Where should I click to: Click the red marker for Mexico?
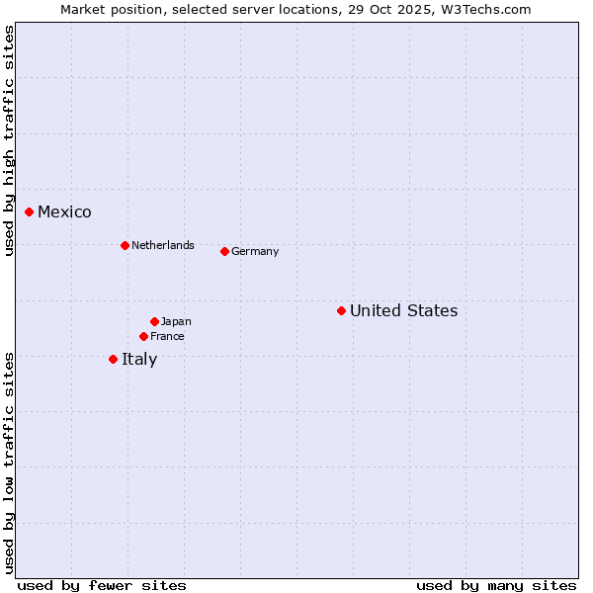click(30, 212)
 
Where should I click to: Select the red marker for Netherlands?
click(125, 245)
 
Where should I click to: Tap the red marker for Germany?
click(224, 251)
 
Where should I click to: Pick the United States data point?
click(341, 310)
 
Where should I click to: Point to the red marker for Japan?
click(154, 321)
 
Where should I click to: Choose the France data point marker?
click(143, 336)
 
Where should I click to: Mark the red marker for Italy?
click(113, 359)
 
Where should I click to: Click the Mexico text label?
click(64, 212)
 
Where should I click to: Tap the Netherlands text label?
click(163, 245)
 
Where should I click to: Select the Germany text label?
click(255, 251)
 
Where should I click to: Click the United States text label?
click(403, 310)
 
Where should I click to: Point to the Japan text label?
click(176, 321)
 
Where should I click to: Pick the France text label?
click(167, 336)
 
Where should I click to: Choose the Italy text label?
click(139, 359)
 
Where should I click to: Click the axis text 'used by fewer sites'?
click(102, 585)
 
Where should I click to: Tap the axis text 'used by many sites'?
click(496, 585)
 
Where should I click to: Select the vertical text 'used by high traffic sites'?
click(9, 140)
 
